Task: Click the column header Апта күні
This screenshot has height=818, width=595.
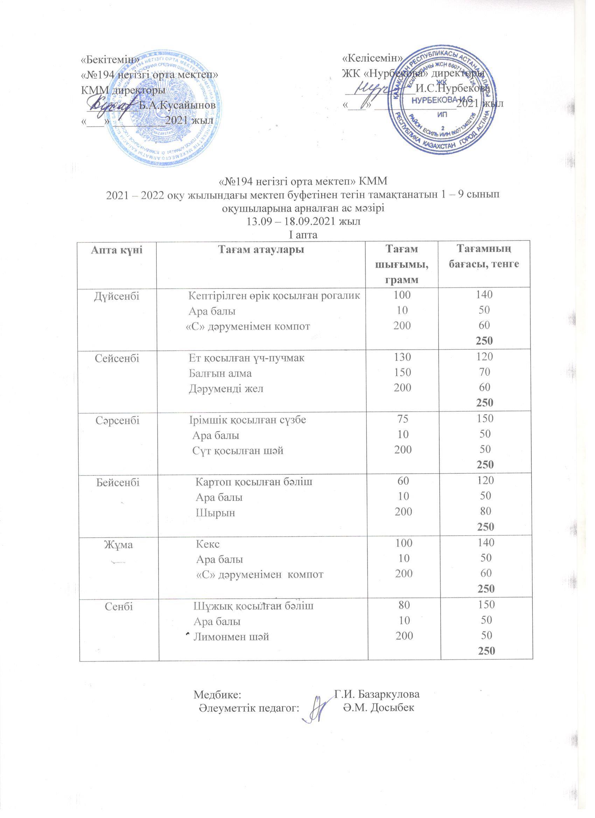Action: [117, 249]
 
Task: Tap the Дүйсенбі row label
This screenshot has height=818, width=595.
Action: [117, 296]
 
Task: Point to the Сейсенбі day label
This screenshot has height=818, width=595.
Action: [117, 358]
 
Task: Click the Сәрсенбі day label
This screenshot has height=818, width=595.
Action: [117, 420]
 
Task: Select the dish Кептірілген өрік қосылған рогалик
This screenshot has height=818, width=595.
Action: [275, 296]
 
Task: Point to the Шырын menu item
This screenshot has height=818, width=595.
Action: [215, 513]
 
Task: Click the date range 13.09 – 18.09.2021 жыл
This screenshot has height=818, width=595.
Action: [303, 221]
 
